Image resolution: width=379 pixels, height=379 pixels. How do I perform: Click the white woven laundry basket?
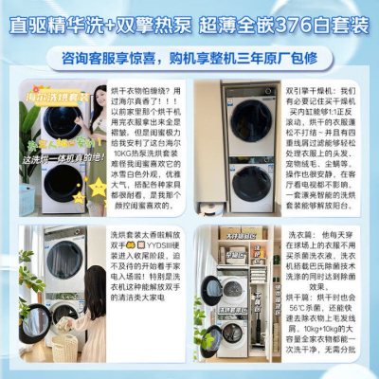tap(65, 352)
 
